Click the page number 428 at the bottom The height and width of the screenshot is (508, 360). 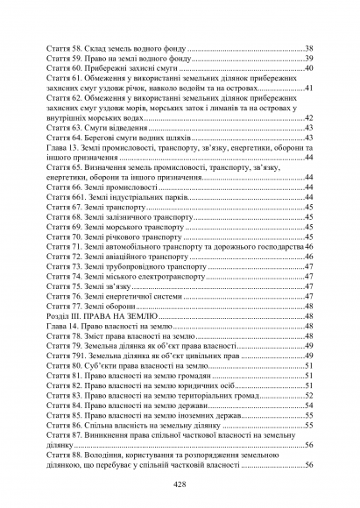(180, 484)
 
